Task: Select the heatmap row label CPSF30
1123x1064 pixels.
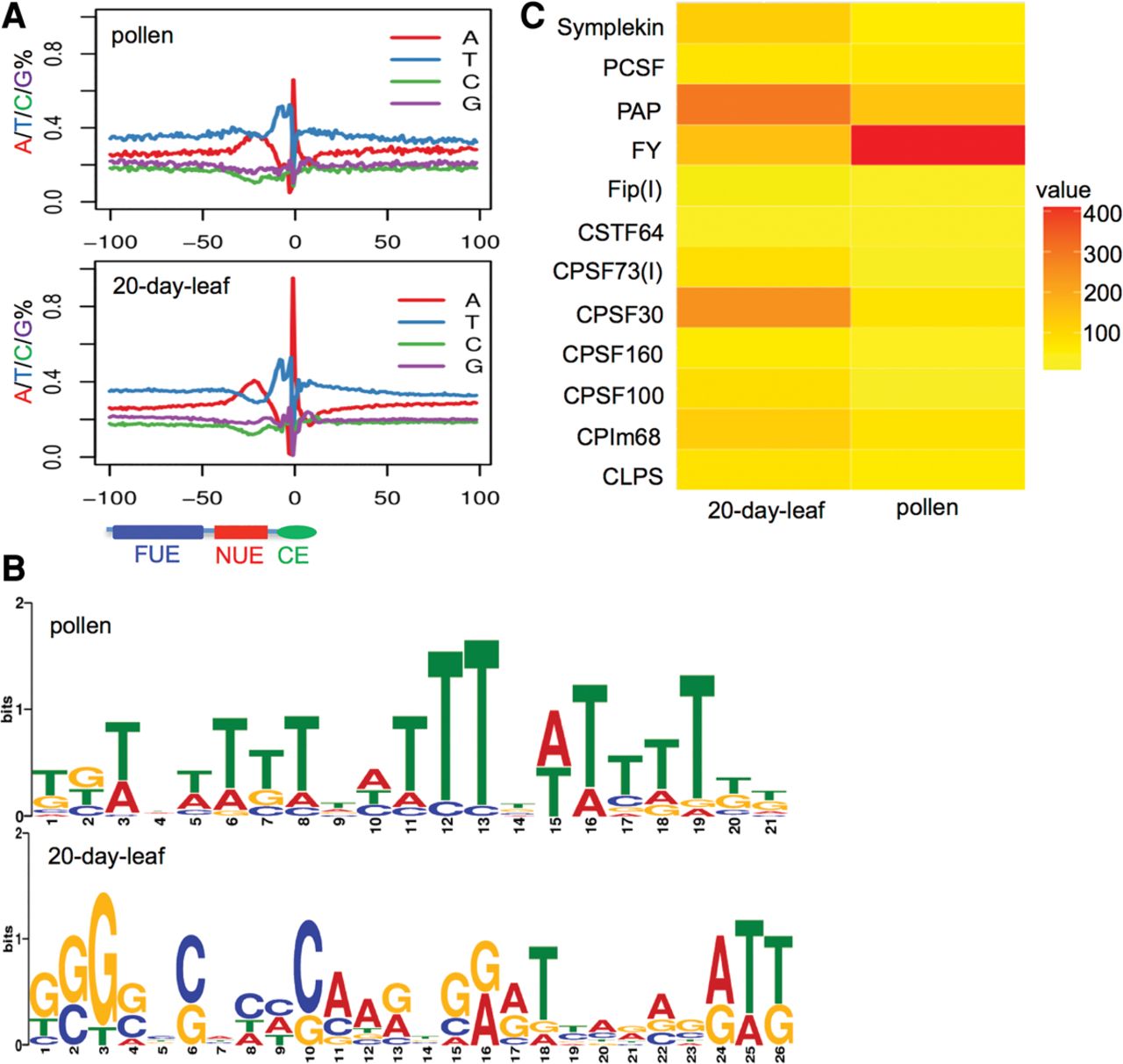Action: [x=619, y=314]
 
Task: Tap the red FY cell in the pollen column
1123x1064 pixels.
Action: [x=937, y=145]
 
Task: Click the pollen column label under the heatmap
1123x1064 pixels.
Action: [x=926, y=507]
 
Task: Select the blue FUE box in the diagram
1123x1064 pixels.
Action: [x=157, y=532]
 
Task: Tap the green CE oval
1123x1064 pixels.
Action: [x=297, y=532]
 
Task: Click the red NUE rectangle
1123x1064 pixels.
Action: [x=240, y=532]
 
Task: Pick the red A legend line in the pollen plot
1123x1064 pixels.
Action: [x=415, y=38]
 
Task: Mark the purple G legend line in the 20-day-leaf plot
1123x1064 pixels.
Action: [x=424, y=366]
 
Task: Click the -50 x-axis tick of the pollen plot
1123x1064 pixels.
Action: [x=202, y=241]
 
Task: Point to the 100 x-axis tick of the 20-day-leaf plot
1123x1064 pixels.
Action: [x=479, y=498]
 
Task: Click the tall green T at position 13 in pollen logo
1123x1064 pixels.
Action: [x=481, y=719]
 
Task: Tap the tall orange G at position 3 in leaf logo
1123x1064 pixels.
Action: [x=104, y=956]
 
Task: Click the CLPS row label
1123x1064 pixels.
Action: [x=633, y=476]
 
